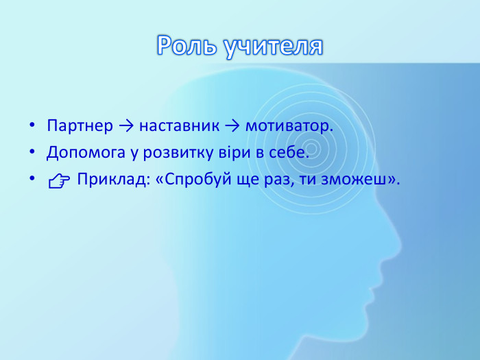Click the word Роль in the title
(x=185, y=46)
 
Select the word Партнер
(x=80, y=127)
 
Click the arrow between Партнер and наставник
(x=126, y=127)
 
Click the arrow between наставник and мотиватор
(x=232, y=127)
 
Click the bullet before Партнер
(x=32, y=128)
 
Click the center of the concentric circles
(x=313, y=147)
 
